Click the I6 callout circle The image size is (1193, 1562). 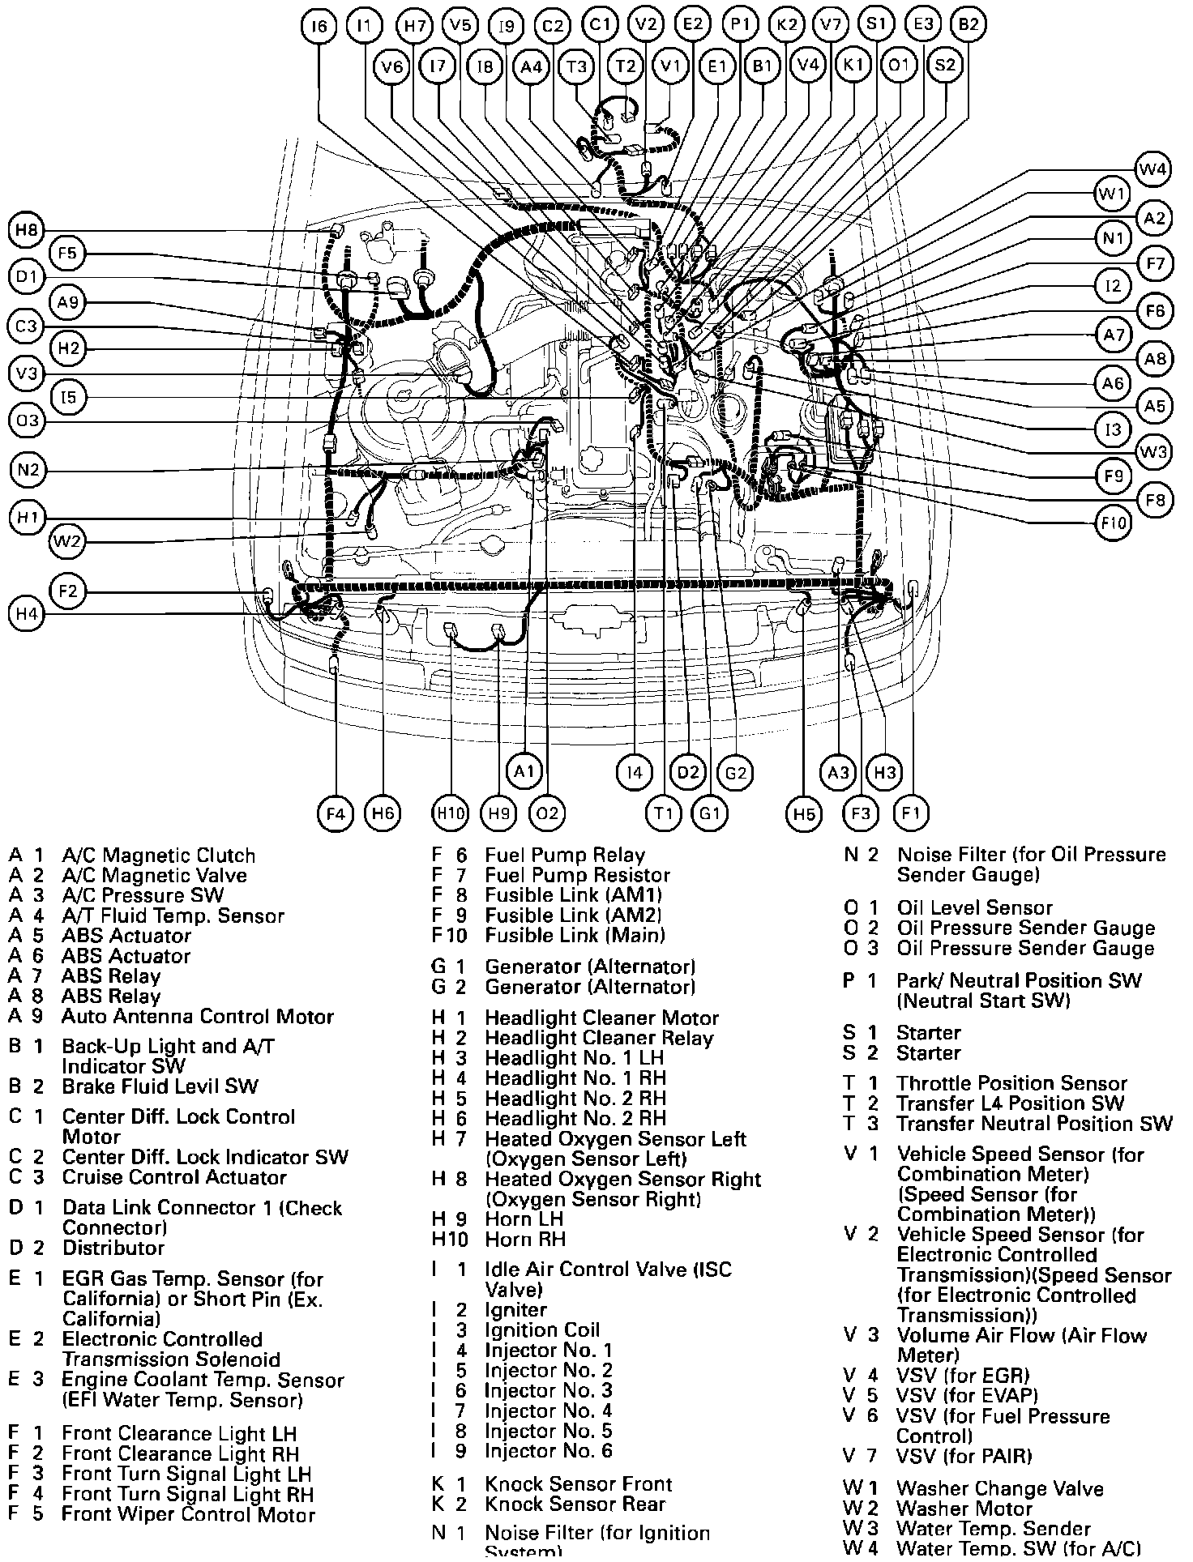[319, 26]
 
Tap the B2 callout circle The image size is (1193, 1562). [968, 24]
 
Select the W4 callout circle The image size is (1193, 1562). [1153, 169]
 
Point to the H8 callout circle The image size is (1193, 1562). [26, 230]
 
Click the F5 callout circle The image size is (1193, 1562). [67, 254]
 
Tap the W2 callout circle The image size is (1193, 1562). [67, 541]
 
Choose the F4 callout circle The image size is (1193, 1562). [336, 813]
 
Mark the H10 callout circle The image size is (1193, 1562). [451, 813]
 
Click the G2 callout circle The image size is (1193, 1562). [735, 772]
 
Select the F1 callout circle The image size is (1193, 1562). [911, 813]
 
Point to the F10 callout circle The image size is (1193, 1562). [1113, 523]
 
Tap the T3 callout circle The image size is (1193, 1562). [577, 66]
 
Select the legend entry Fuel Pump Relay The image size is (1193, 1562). [565, 856]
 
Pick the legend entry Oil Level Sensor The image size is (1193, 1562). [974, 908]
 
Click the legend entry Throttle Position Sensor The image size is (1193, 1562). [1011, 1084]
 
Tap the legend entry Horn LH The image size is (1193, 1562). [524, 1219]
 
